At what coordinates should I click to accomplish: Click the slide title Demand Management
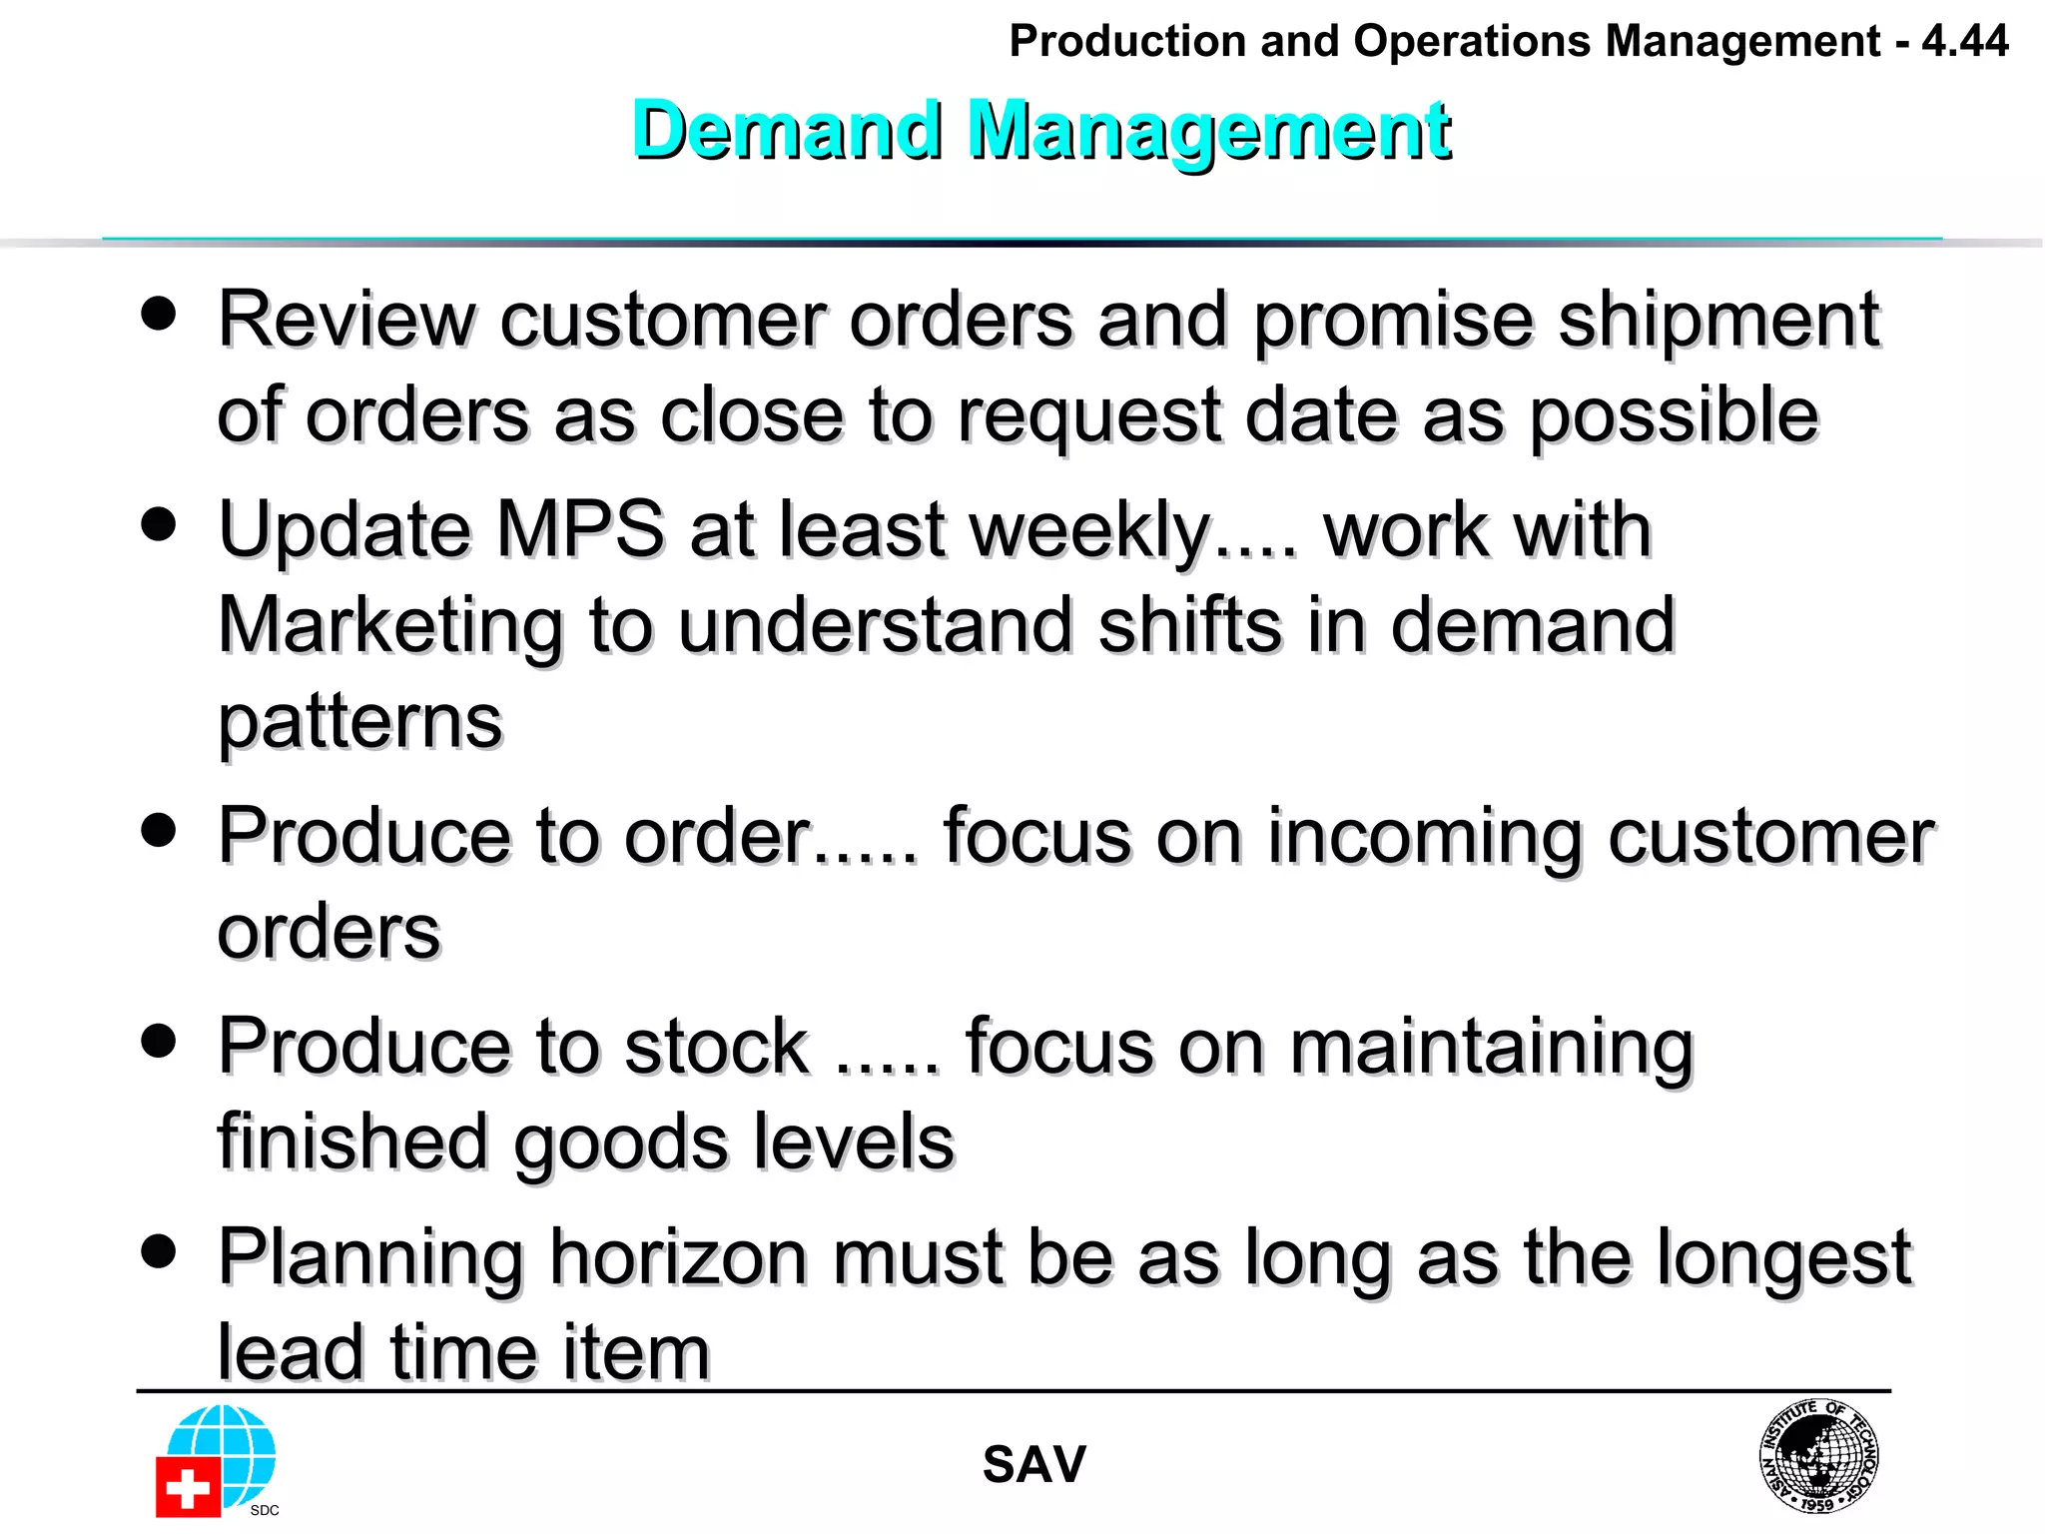[1041, 130]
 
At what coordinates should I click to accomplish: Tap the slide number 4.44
[1964, 41]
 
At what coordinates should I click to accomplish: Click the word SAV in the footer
[1033, 1464]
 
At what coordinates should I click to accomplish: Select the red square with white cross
[188, 1488]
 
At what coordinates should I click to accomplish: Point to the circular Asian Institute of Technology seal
[1818, 1455]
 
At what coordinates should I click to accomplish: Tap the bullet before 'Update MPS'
[159, 523]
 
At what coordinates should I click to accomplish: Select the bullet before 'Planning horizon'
[159, 1250]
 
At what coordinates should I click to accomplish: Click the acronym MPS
[580, 528]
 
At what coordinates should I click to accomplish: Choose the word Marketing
[390, 625]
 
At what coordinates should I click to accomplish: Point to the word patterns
[359, 721]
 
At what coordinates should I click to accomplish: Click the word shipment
[1718, 320]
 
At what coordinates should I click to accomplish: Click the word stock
[716, 1046]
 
